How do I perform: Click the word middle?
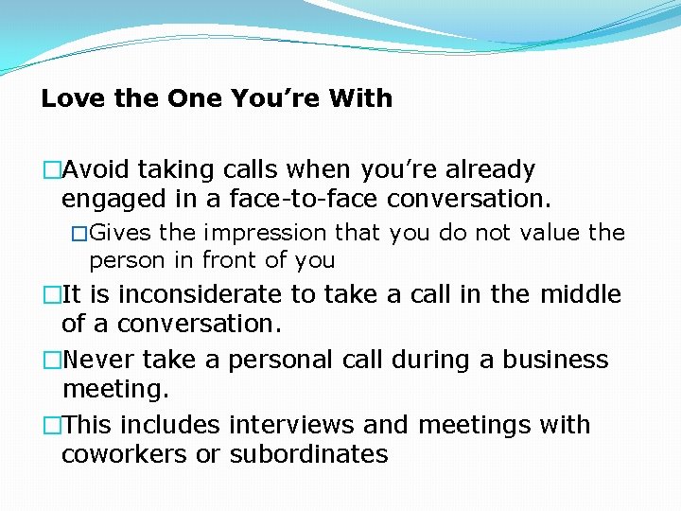(580, 295)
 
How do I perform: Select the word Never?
(97, 361)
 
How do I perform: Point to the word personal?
(278, 361)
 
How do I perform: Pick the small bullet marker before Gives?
(80, 234)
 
